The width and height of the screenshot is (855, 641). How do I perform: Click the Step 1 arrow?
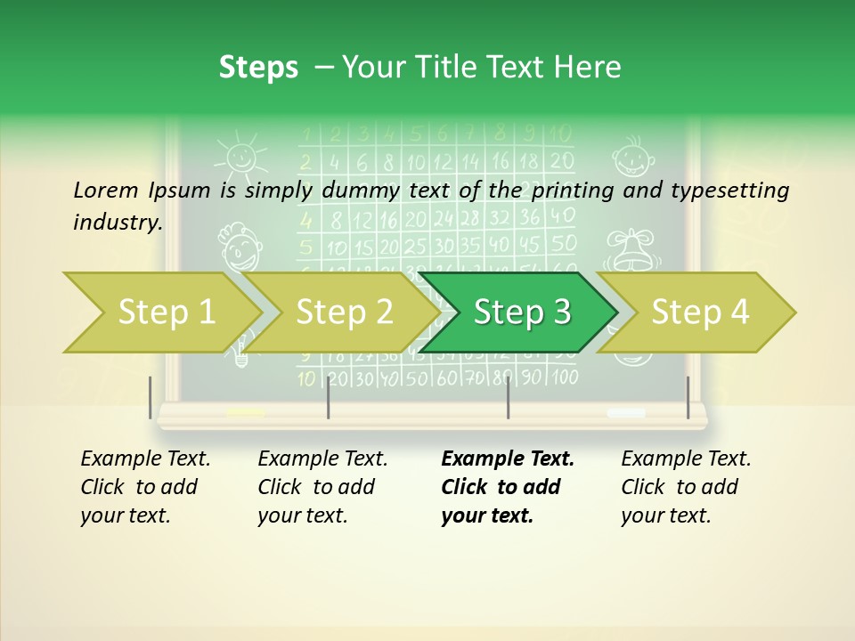click(165, 312)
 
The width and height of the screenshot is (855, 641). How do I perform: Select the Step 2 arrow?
click(343, 312)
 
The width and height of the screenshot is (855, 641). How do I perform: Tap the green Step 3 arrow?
click(521, 312)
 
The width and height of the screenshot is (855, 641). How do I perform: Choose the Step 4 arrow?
click(699, 312)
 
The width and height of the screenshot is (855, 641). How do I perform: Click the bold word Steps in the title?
click(258, 67)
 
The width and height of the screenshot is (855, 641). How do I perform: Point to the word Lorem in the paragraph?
click(106, 190)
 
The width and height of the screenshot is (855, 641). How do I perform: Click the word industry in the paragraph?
click(117, 222)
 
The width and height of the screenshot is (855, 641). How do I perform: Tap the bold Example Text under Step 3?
click(508, 459)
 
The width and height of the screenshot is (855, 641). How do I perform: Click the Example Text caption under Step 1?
click(145, 459)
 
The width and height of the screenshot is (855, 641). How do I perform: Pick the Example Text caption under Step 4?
click(686, 459)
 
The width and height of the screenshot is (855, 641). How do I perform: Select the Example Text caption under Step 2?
click(322, 459)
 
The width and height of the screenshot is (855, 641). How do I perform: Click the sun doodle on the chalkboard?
click(240, 154)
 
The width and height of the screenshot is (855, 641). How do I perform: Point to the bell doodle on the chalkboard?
click(630, 249)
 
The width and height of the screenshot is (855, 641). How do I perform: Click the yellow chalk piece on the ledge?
click(246, 412)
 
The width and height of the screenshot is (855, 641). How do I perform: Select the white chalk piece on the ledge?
click(626, 412)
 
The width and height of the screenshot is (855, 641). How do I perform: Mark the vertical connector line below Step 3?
click(508, 397)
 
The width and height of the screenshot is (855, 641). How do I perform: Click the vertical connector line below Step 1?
click(151, 397)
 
